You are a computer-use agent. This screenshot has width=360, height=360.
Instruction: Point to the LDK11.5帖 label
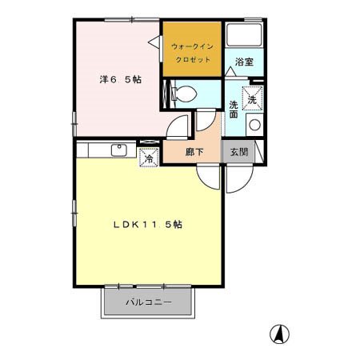point(147,225)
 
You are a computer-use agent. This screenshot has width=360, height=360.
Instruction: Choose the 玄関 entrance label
point(238,152)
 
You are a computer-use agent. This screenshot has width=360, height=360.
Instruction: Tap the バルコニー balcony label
point(148,302)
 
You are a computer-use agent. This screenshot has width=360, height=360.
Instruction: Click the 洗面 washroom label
point(234,110)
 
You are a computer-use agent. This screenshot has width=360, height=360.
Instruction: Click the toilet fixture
point(180,93)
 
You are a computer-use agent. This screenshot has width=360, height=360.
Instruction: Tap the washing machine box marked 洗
point(253,100)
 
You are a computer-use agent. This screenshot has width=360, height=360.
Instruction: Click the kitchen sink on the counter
point(118,150)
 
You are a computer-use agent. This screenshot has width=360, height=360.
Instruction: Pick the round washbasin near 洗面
point(254,125)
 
